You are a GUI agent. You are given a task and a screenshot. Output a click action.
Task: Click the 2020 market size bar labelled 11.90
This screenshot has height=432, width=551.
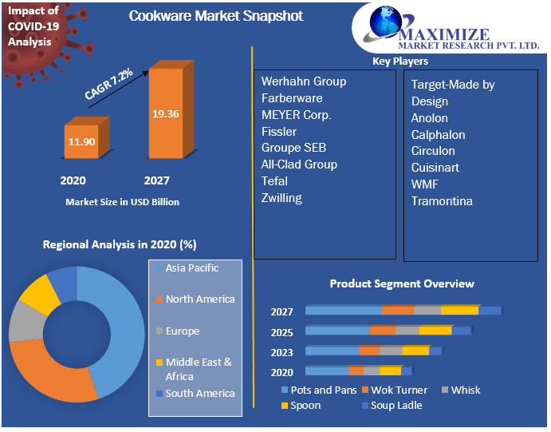click(81, 141)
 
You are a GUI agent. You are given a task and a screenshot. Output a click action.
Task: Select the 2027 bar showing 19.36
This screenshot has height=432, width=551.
click(165, 113)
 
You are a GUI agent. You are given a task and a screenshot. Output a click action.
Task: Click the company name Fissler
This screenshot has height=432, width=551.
click(279, 131)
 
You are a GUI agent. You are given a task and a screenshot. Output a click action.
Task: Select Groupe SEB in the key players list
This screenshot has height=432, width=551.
click(293, 148)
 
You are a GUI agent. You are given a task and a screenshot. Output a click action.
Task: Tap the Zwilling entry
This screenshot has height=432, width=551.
click(281, 198)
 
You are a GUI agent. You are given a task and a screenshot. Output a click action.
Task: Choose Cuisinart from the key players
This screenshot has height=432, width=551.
click(435, 168)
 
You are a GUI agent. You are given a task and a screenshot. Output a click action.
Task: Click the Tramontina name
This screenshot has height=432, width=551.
click(442, 201)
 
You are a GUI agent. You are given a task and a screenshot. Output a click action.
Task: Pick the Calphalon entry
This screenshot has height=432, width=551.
click(438, 135)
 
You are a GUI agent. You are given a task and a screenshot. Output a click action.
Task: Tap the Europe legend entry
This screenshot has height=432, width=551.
click(182, 331)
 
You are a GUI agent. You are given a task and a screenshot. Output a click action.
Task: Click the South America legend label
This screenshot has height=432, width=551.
click(199, 393)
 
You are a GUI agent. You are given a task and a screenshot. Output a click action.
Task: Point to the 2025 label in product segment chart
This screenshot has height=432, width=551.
click(281, 332)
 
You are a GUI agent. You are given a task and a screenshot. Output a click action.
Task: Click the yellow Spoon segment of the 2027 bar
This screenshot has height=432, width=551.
click(459, 311)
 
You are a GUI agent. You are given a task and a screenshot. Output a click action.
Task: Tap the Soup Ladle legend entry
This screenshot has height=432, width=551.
click(396, 406)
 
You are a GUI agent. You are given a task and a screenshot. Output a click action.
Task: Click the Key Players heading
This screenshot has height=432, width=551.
click(400, 61)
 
